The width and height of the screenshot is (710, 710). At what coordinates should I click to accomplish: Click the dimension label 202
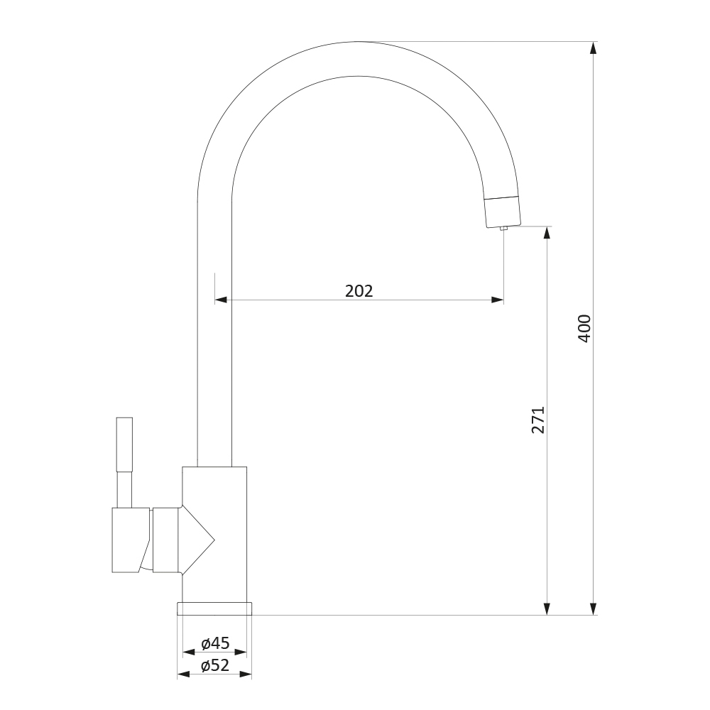[x=359, y=290]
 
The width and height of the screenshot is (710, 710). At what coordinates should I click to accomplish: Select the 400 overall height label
[x=584, y=328]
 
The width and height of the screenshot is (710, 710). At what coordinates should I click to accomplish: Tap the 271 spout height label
[x=538, y=420]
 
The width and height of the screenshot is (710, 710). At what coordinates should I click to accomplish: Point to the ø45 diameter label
[x=216, y=643]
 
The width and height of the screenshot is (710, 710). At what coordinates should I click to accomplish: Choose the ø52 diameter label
[x=216, y=665]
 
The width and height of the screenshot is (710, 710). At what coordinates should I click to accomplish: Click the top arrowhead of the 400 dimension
[x=594, y=48]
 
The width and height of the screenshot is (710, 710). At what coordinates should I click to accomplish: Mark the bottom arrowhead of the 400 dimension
[x=594, y=609]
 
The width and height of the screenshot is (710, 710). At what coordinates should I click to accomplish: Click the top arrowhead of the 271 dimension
[x=547, y=232]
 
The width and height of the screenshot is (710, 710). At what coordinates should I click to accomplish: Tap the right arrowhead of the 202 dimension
[x=497, y=300]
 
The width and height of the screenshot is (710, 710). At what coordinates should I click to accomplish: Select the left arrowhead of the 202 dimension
[x=221, y=300]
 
